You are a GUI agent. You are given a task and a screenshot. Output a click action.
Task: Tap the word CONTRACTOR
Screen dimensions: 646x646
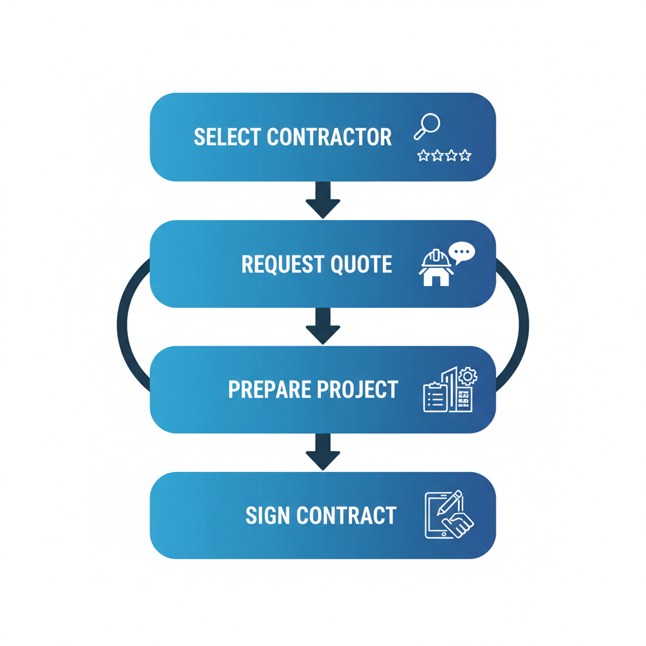tap(329, 137)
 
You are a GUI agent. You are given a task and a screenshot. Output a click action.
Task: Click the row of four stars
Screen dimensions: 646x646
tap(444, 155)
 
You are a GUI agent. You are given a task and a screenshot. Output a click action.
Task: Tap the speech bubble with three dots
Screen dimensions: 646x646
tap(462, 253)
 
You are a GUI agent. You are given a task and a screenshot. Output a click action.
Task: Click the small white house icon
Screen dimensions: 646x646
tap(436, 276)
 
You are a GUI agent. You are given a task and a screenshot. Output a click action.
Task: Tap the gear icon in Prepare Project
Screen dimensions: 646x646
tap(467, 377)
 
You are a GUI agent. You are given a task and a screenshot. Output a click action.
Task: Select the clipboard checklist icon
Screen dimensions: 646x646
tap(435, 397)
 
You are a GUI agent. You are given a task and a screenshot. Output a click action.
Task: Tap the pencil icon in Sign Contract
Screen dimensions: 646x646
tap(450, 503)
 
